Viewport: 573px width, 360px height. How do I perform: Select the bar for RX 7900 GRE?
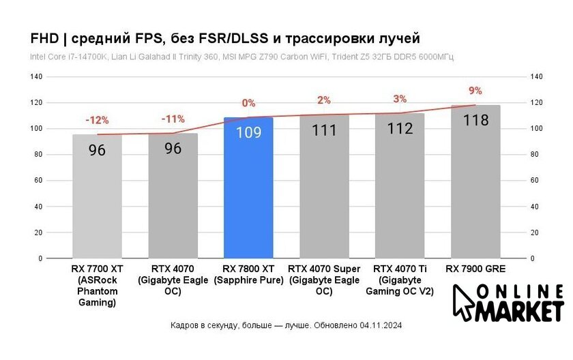pos(475,191)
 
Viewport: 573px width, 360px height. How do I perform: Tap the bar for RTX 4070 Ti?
pos(400,194)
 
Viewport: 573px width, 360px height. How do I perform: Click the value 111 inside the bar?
pos(324,130)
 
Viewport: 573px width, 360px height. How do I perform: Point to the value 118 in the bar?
pos(475,121)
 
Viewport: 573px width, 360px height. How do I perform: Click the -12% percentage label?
pos(97,120)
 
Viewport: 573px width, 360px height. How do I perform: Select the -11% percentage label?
pos(173,119)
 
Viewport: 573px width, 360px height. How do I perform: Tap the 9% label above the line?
pos(475,91)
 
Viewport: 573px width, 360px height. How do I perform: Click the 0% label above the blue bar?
pos(248,103)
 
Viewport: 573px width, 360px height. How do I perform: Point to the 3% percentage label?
pos(400,99)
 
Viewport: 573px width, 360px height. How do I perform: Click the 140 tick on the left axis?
pos(35,77)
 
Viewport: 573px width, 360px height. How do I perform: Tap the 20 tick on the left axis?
pos(38,232)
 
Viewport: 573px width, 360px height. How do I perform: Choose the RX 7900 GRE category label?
pos(475,269)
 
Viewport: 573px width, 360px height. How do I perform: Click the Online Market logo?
pos(508,302)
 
